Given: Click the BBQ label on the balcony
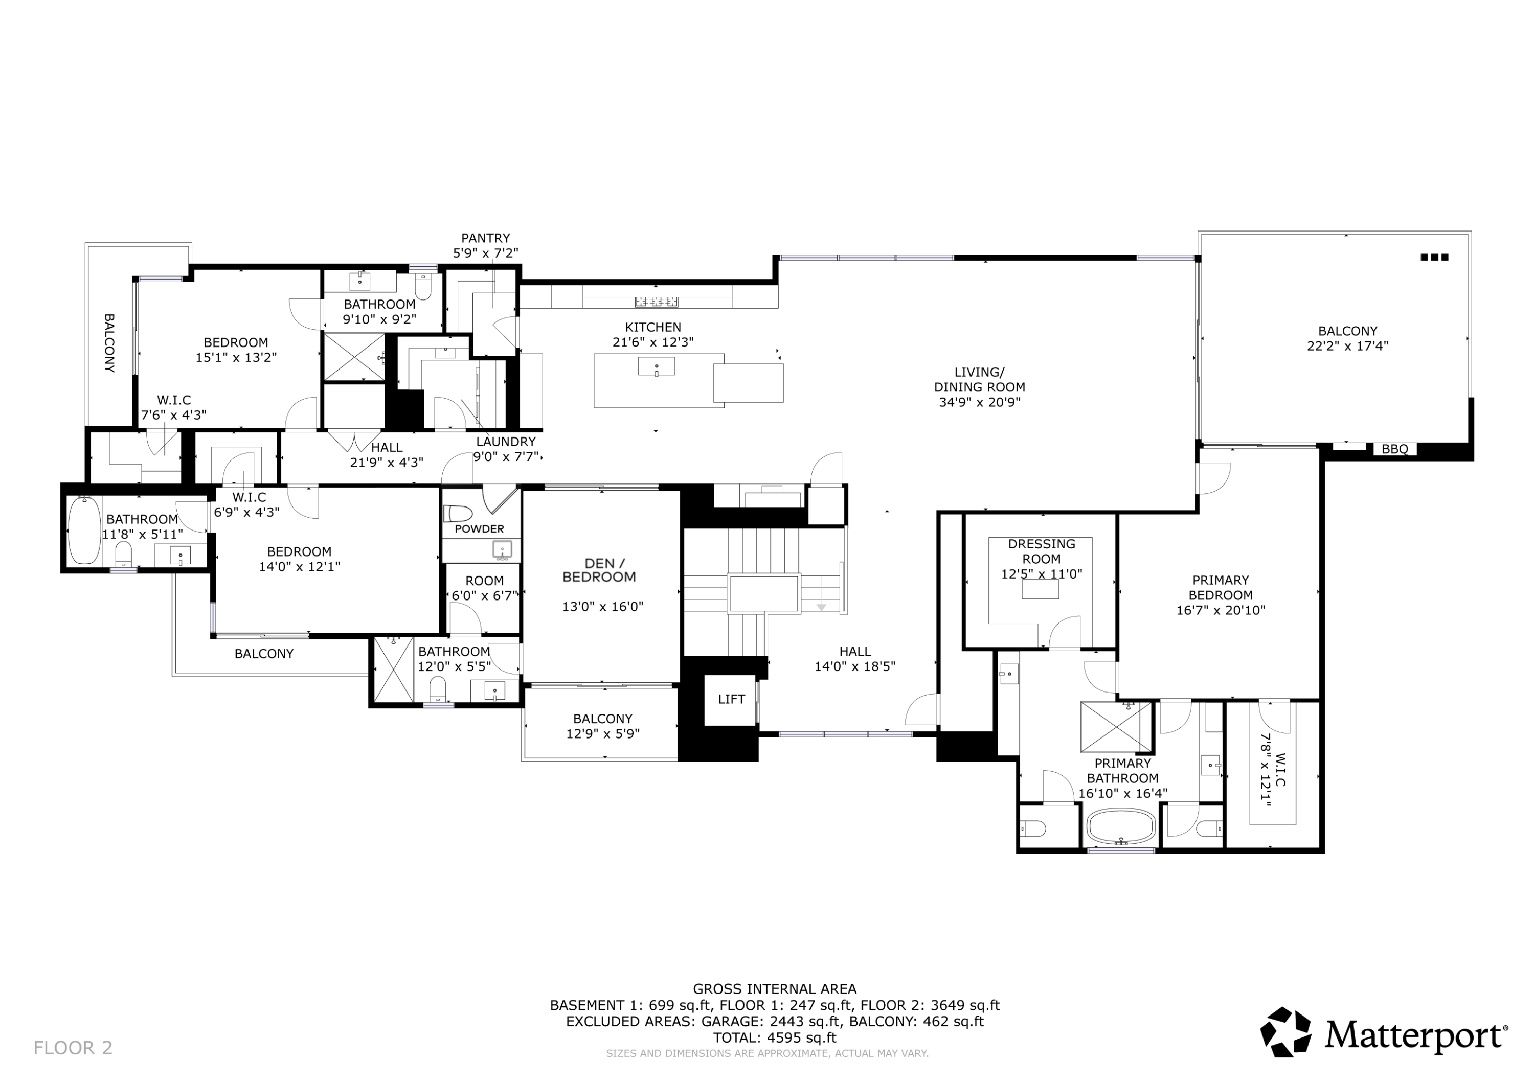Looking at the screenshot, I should (x=1394, y=449).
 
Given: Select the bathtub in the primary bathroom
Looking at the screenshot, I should (x=1121, y=827).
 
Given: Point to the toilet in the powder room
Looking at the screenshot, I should (x=458, y=513).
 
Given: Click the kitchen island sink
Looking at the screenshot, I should (x=656, y=366).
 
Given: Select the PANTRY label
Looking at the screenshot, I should (x=485, y=238).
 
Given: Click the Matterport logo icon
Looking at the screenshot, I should (x=1285, y=1031).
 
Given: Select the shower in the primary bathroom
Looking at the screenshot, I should (x=1116, y=727).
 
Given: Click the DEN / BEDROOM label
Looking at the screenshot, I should (x=599, y=570).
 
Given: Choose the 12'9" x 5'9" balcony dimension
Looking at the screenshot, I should (x=603, y=733).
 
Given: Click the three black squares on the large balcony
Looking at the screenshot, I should (x=1434, y=257).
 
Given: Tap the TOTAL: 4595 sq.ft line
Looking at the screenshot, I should (x=774, y=1037).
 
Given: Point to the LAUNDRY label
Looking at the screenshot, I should (x=505, y=442).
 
